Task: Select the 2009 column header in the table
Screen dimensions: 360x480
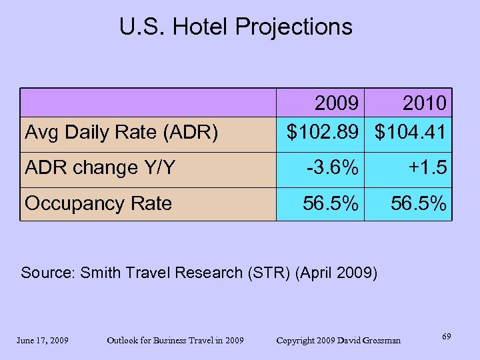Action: pyautogui.click(x=339, y=103)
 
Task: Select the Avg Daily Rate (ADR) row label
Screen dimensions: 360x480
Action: pyautogui.click(x=121, y=133)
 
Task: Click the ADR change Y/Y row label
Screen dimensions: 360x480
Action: pyautogui.click(x=100, y=167)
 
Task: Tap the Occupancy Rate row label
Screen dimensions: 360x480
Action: pyautogui.click(x=98, y=203)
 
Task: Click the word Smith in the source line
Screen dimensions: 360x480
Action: pyautogui.click(x=101, y=273)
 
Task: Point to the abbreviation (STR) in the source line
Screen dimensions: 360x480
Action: pyautogui.click(x=269, y=273)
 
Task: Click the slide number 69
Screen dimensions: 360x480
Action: pyautogui.click(x=446, y=337)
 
